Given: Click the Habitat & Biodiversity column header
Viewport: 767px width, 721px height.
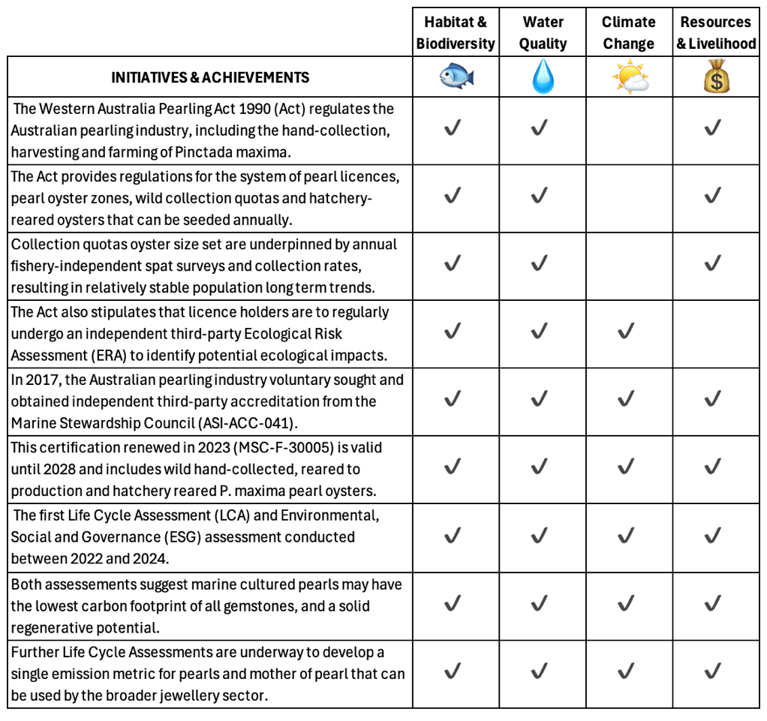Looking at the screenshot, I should coord(456,32).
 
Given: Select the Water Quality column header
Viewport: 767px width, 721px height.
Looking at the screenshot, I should coord(543,32).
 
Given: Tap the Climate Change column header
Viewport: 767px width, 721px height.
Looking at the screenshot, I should coord(628,32).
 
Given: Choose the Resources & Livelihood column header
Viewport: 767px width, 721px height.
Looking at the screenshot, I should coord(716,32).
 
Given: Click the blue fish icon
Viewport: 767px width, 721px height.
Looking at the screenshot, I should coord(456,77).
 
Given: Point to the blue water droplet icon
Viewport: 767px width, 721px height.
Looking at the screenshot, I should coord(543,77).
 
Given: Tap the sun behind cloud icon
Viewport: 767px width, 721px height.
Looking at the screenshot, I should coord(629,77).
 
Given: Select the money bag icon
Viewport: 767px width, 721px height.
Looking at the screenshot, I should coord(716,77).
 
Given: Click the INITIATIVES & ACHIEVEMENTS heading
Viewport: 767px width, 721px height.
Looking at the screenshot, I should coord(210,77).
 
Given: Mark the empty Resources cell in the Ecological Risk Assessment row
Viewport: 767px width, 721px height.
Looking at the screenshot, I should coord(716,332).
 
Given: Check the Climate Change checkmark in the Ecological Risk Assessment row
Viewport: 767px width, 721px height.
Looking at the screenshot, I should coord(626,332).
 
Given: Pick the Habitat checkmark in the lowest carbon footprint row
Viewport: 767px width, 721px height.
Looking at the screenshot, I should coord(453,604).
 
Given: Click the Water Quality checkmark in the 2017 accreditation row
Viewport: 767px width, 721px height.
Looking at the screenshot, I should coord(540,399).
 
